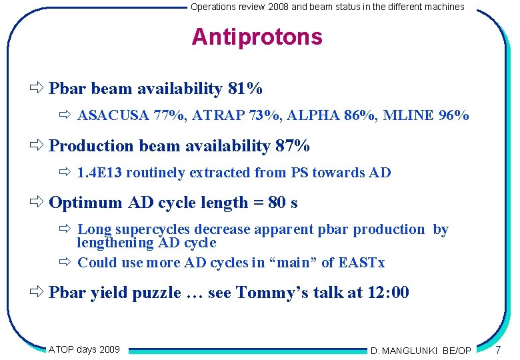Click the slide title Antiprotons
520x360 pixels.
257,37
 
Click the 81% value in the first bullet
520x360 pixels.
245,89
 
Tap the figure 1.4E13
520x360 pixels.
99,173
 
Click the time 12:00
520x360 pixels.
388,292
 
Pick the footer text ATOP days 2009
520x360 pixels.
84,349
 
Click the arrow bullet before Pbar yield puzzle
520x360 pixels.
37,292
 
